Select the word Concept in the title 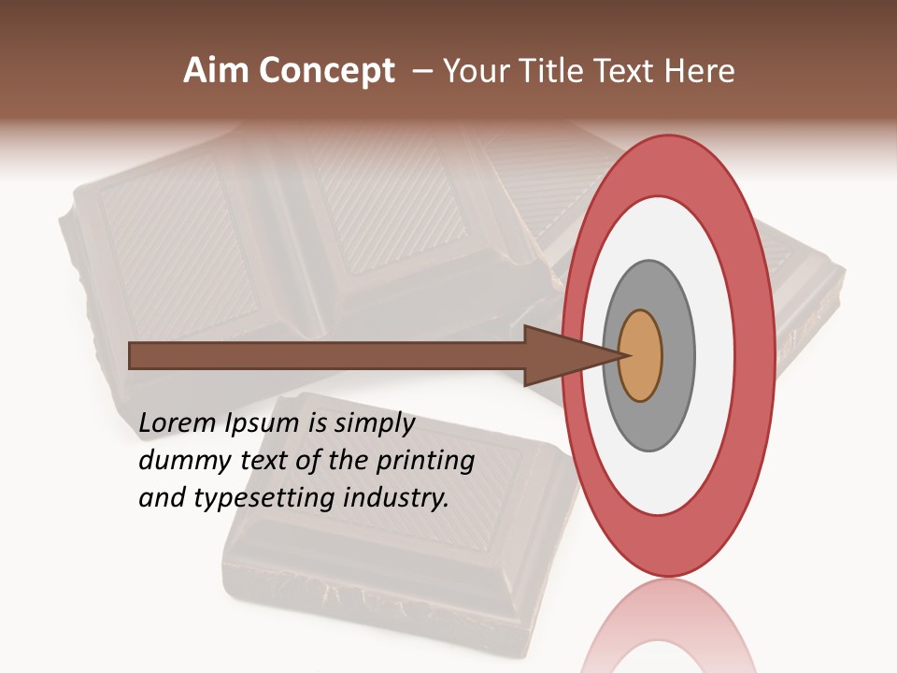[326, 71]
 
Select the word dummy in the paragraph [178, 461]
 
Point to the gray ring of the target [677, 356]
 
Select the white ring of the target [715, 356]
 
